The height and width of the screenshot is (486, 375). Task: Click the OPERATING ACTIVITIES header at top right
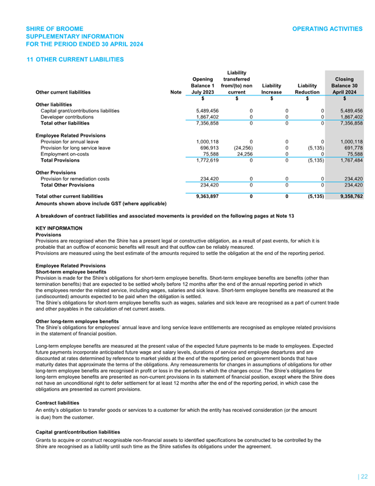[x=327, y=29]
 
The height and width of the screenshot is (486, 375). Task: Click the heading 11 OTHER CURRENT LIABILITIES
[x=75, y=59]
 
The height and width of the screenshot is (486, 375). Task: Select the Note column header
[x=176, y=92]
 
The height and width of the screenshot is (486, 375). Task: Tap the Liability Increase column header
[x=271, y=89]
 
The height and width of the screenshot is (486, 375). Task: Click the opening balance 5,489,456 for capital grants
[x=202, y=111]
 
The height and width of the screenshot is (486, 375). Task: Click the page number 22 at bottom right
[x=363, y=476]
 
